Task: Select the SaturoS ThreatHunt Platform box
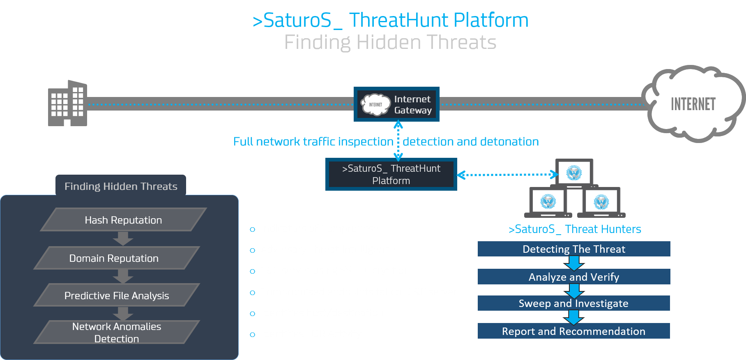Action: pos(391,174)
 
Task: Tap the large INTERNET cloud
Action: pos(693,104)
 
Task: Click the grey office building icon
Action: pos(67,103)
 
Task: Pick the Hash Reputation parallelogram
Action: pos(123,220)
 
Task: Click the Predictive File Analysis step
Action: pos(117,295)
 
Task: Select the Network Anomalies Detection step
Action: pos(117,332)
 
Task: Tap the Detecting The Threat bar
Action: pos(573,249)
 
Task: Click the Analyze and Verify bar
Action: pos(573,277)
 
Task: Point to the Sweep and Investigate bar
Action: pos(573,303)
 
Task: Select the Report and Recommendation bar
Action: pos(573,331)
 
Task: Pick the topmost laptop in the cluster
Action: pos(574,173)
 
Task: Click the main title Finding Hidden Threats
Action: pos(390,42)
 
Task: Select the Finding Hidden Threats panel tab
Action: pos(121,186)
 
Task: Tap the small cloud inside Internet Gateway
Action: pos(375,104)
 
